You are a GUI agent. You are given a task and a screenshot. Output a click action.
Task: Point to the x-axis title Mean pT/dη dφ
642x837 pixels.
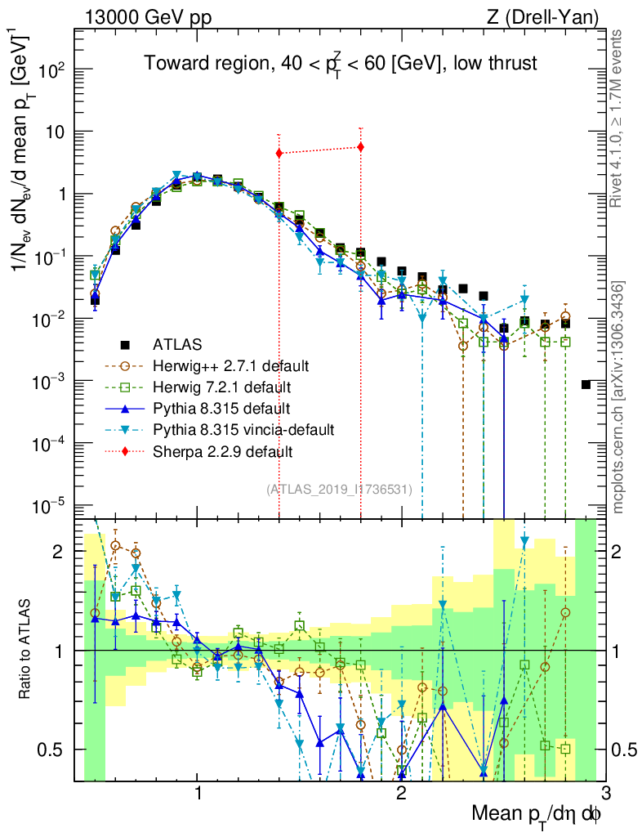point(537,814)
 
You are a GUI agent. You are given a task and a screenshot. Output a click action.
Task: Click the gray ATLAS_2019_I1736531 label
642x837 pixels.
point(339,490)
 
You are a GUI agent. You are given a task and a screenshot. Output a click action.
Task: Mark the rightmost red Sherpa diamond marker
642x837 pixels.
point(360,147)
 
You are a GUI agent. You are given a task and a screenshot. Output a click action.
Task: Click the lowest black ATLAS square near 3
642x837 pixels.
point(586,384)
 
